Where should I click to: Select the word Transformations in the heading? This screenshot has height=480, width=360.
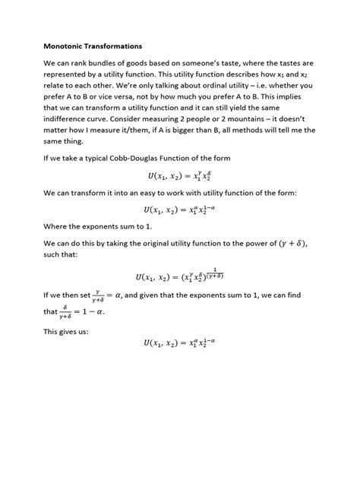(x=122, y=46)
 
